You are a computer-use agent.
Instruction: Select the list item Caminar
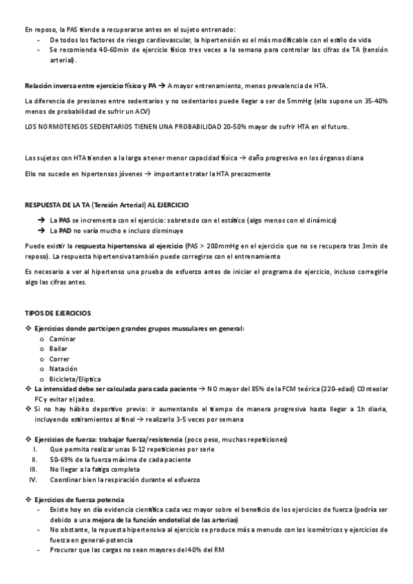click(63, 339)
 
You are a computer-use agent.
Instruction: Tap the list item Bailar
click(59, 349)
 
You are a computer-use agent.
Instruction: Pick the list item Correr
click(59, 359)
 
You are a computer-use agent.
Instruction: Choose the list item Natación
click(63, 369)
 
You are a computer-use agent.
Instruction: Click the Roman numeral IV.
click(32, 479)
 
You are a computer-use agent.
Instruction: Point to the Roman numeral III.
click(32, 469)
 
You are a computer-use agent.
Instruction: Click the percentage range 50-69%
click(62, 459)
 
